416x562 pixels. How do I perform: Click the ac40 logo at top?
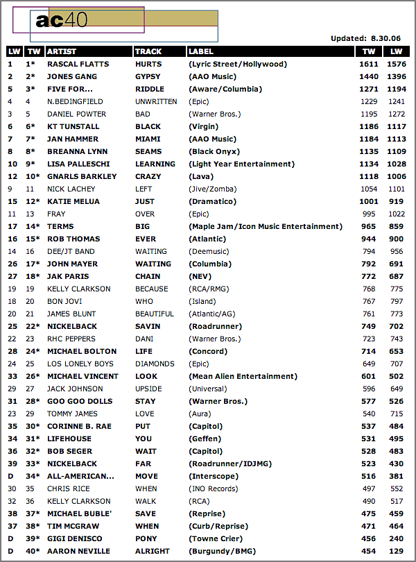click(62, 21)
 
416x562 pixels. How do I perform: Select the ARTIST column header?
click(62, 51)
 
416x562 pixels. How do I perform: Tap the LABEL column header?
click(201, 51)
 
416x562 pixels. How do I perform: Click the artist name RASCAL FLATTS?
click(78, 64)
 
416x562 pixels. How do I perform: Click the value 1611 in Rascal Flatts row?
click(368, 64)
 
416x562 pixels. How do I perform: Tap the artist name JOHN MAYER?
click(72, 264)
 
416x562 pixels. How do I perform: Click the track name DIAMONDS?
click(155, 364)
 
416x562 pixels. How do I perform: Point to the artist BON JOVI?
click(64, 301)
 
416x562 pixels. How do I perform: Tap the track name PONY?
click(146, 538)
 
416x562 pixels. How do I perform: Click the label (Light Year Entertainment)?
click(241, 164)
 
